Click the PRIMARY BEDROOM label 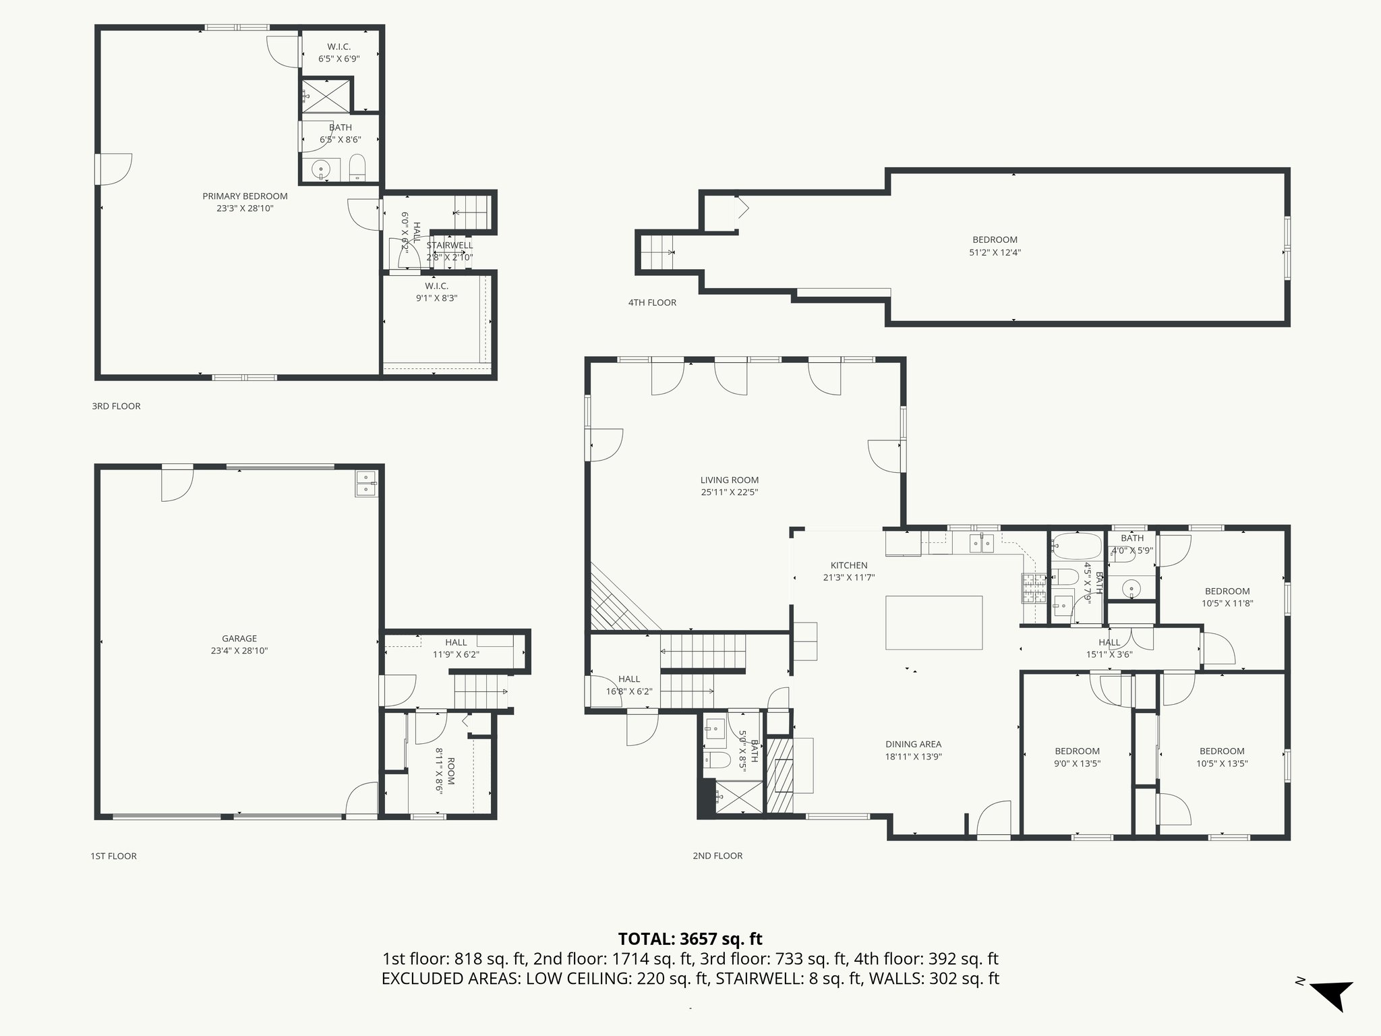point(245,196)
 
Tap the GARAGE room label point(239,639)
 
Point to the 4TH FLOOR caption point(652,303)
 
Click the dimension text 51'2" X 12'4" point(995,253)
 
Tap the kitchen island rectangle point(934,622)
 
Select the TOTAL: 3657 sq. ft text point(690,939)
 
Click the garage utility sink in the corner point(366,484)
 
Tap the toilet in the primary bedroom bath point(357,168)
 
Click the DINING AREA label point(913,745)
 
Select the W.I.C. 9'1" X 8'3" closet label point(436,287)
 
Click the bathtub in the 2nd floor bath point(1076,544)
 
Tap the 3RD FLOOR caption point(116,406)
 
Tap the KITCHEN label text point(848,565)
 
